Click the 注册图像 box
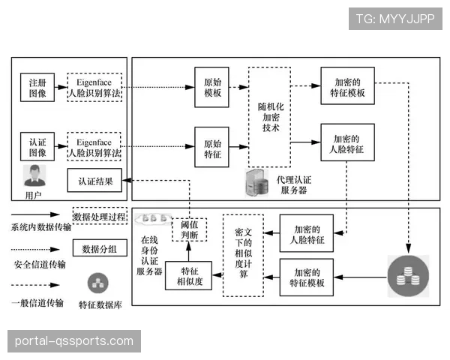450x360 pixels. (37, 86)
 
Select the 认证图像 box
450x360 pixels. (37, 145)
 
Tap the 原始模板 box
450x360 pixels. (212, 86)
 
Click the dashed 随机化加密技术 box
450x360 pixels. (269, 117)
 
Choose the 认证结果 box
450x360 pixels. (94, 181)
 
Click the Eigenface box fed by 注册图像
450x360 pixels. (94, 86)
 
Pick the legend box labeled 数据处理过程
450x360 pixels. (100, 217)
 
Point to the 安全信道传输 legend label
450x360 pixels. (39, 264)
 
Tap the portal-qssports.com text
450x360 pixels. (74, 341)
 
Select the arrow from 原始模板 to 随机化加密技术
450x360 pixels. (239, 86)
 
